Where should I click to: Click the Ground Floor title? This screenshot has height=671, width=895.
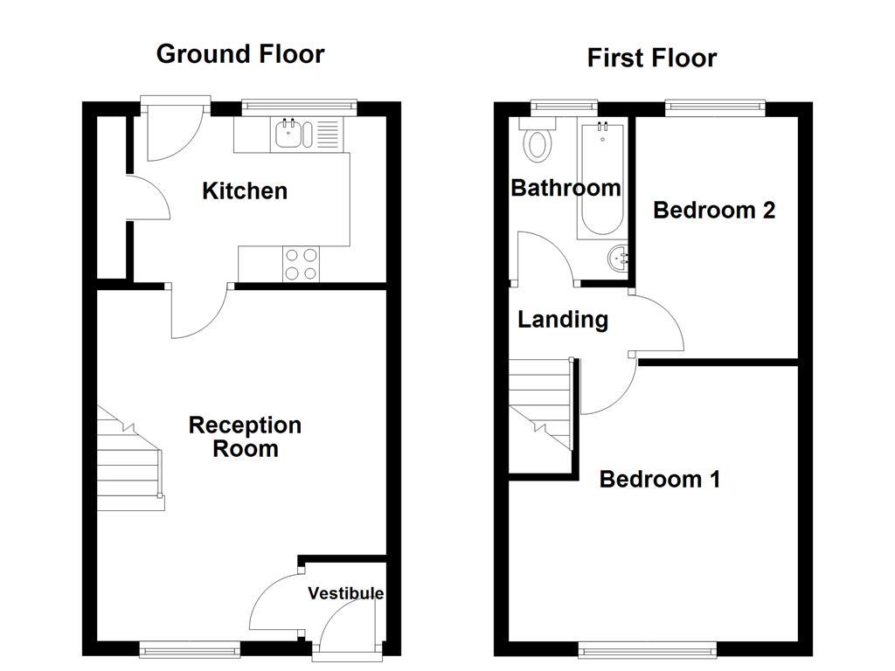click(x=240, y=54)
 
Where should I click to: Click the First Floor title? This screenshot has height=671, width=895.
click(x=651, y=59)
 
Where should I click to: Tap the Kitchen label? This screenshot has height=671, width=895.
click(x=245, y=190)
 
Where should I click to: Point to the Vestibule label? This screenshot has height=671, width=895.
click(x=345, y=593)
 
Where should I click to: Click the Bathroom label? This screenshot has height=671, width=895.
click(x=565, y=188)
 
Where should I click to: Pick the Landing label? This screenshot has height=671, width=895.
click(x=563, y=320)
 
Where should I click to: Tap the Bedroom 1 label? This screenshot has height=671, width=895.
click(x=660, y=479)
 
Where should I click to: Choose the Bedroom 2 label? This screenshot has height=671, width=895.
click(x=714, y=210)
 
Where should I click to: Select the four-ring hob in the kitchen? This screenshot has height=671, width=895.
click(x=302, y=264)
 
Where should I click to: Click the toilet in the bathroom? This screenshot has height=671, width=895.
click(x=537, y=142)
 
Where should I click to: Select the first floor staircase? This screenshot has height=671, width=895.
click(x=540, y=402)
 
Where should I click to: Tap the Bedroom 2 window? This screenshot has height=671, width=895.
click(x=715, y=107)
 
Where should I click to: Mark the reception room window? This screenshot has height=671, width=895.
click(x=190, y=648)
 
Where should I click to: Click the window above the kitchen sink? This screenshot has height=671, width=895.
click(x=299, y=107)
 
